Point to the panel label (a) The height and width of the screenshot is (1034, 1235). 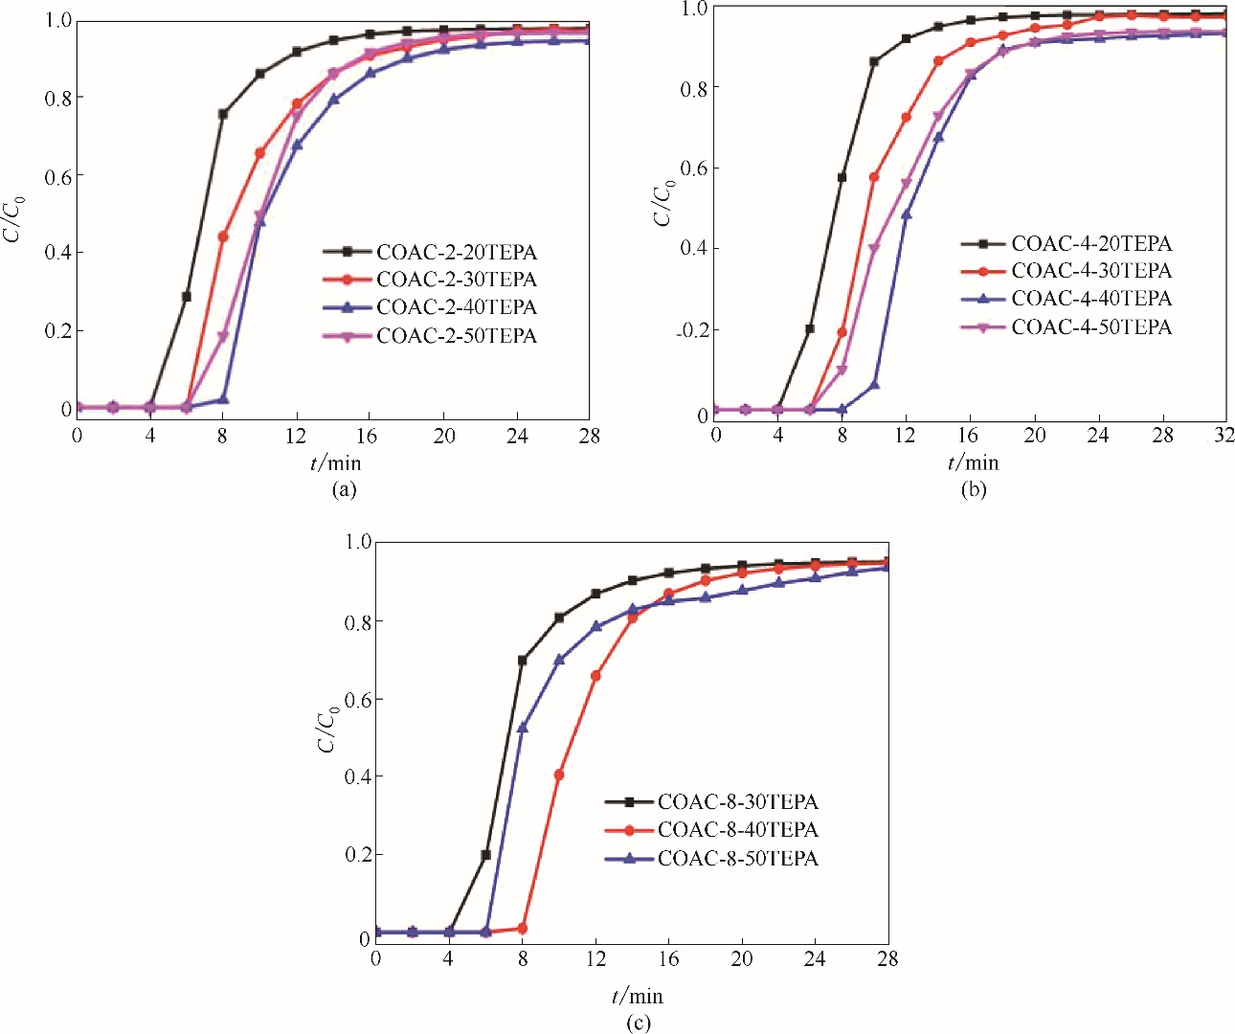tap(344, 490)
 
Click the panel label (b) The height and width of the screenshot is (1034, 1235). tap(974, 490)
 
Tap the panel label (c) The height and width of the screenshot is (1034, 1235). tap(639, 1023)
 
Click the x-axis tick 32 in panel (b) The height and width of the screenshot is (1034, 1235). tap(1224, 436)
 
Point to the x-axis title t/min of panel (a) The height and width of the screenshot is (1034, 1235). tap(335, 463)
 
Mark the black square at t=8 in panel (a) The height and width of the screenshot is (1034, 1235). tap(223, 114)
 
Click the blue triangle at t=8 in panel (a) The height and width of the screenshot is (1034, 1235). tap(223, 399)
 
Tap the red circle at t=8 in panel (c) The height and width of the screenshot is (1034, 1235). tap(523, 929)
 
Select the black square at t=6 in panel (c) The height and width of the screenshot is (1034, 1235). tap(486, 855)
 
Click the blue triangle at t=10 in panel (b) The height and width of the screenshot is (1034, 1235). tap(874, 385)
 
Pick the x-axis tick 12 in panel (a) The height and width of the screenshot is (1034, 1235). tap(296, 437)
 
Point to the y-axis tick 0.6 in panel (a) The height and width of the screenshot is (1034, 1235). tap(59, 176)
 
